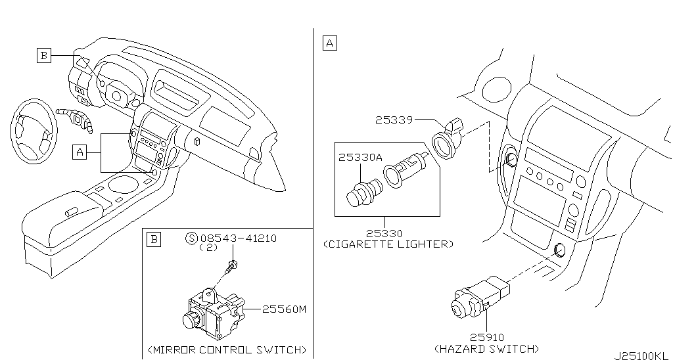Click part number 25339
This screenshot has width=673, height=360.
coord(394,120)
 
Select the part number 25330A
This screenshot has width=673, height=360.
coord(360,158)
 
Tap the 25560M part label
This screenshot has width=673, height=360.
coord(284,309)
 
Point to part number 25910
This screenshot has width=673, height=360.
coord(487,338)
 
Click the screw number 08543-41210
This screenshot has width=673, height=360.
coord(239,238)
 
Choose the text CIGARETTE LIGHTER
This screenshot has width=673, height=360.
coord(388,244)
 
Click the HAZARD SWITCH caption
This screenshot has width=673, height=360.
coord(487,348)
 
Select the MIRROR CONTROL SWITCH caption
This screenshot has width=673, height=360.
coord(227,349)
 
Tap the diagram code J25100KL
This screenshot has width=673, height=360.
coord(641,355)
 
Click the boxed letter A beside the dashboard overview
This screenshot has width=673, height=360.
coord(80,152)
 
